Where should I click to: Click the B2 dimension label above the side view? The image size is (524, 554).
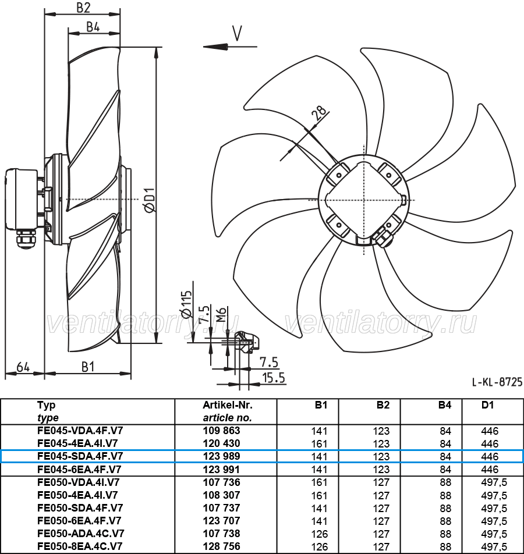pyautogui.click(x=84, y=8)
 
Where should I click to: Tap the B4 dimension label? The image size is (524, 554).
pyautogui.click(x=93, y=27)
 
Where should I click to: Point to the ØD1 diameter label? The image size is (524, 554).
pyautogui.click(x=150, y=200)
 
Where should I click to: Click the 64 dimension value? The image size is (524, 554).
pyautogui.click(x=23, y=367)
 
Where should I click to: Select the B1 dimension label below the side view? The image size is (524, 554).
pyautogui.click(x=88, y=367)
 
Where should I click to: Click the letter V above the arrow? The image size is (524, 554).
pyautogui.click(x=237, y=34)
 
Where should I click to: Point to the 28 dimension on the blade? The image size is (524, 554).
pyautogui.click(x=319, y=114)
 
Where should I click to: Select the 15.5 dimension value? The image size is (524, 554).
pyautogui.click(x=273, y=378)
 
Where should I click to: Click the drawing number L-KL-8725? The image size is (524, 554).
pyautogui.click(x=497, y=382)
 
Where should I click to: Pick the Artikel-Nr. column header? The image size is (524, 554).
pyautogui.click(x=228, y=405)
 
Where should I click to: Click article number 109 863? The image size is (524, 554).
pyautogui.click(x=221, y=431)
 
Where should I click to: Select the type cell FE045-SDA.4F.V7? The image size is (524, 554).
pyautogui.click(x=80, y=456)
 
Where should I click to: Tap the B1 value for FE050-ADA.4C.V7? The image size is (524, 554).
pyautogui.click(x=319, y=534)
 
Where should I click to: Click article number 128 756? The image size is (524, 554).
pyautogui.click(x=221, y=546)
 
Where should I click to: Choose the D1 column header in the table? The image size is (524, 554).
pyautogui.click(x=487, y=405)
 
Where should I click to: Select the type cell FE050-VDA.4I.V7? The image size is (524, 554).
pyautogui.click(x=79, y=482)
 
